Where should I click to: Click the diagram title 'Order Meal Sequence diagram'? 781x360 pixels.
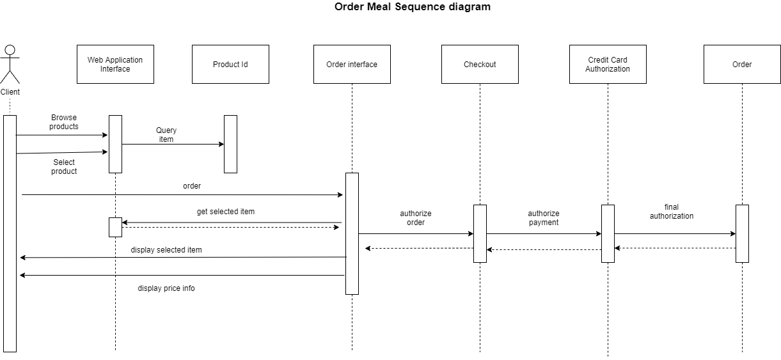[x=413, y=7]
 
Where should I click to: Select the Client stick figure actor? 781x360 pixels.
[x=10, y=65]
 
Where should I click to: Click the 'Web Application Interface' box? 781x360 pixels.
[x=115, y=64]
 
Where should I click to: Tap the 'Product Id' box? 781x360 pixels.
[x=230, y=64]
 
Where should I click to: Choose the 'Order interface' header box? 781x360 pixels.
[x=352, y=64]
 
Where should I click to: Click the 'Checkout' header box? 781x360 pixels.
[x=480, y=64]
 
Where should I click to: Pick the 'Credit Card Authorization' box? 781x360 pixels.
[x=608, y=64]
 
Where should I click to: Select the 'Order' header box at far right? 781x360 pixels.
[x=742, y=64]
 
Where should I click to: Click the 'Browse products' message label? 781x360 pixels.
[x=64, y=122]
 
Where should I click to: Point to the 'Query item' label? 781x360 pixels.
[x=166, y=135]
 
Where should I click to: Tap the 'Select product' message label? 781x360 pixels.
[x=64, y=167]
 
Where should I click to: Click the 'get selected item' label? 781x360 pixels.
[x=226, y=212]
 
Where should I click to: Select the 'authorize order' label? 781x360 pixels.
[x=416, y=218]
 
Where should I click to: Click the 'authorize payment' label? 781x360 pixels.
[x=544, y=218]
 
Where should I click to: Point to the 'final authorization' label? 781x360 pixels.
[x=672, y=212]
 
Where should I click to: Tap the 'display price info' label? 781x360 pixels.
[x=166, y=288]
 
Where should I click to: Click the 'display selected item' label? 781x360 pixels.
[x=166, y=250]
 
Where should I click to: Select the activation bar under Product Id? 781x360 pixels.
[x=230, y=144]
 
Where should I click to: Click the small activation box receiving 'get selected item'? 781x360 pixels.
[x=115, y=227]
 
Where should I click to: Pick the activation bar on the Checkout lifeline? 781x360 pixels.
[x=480, y=233]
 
